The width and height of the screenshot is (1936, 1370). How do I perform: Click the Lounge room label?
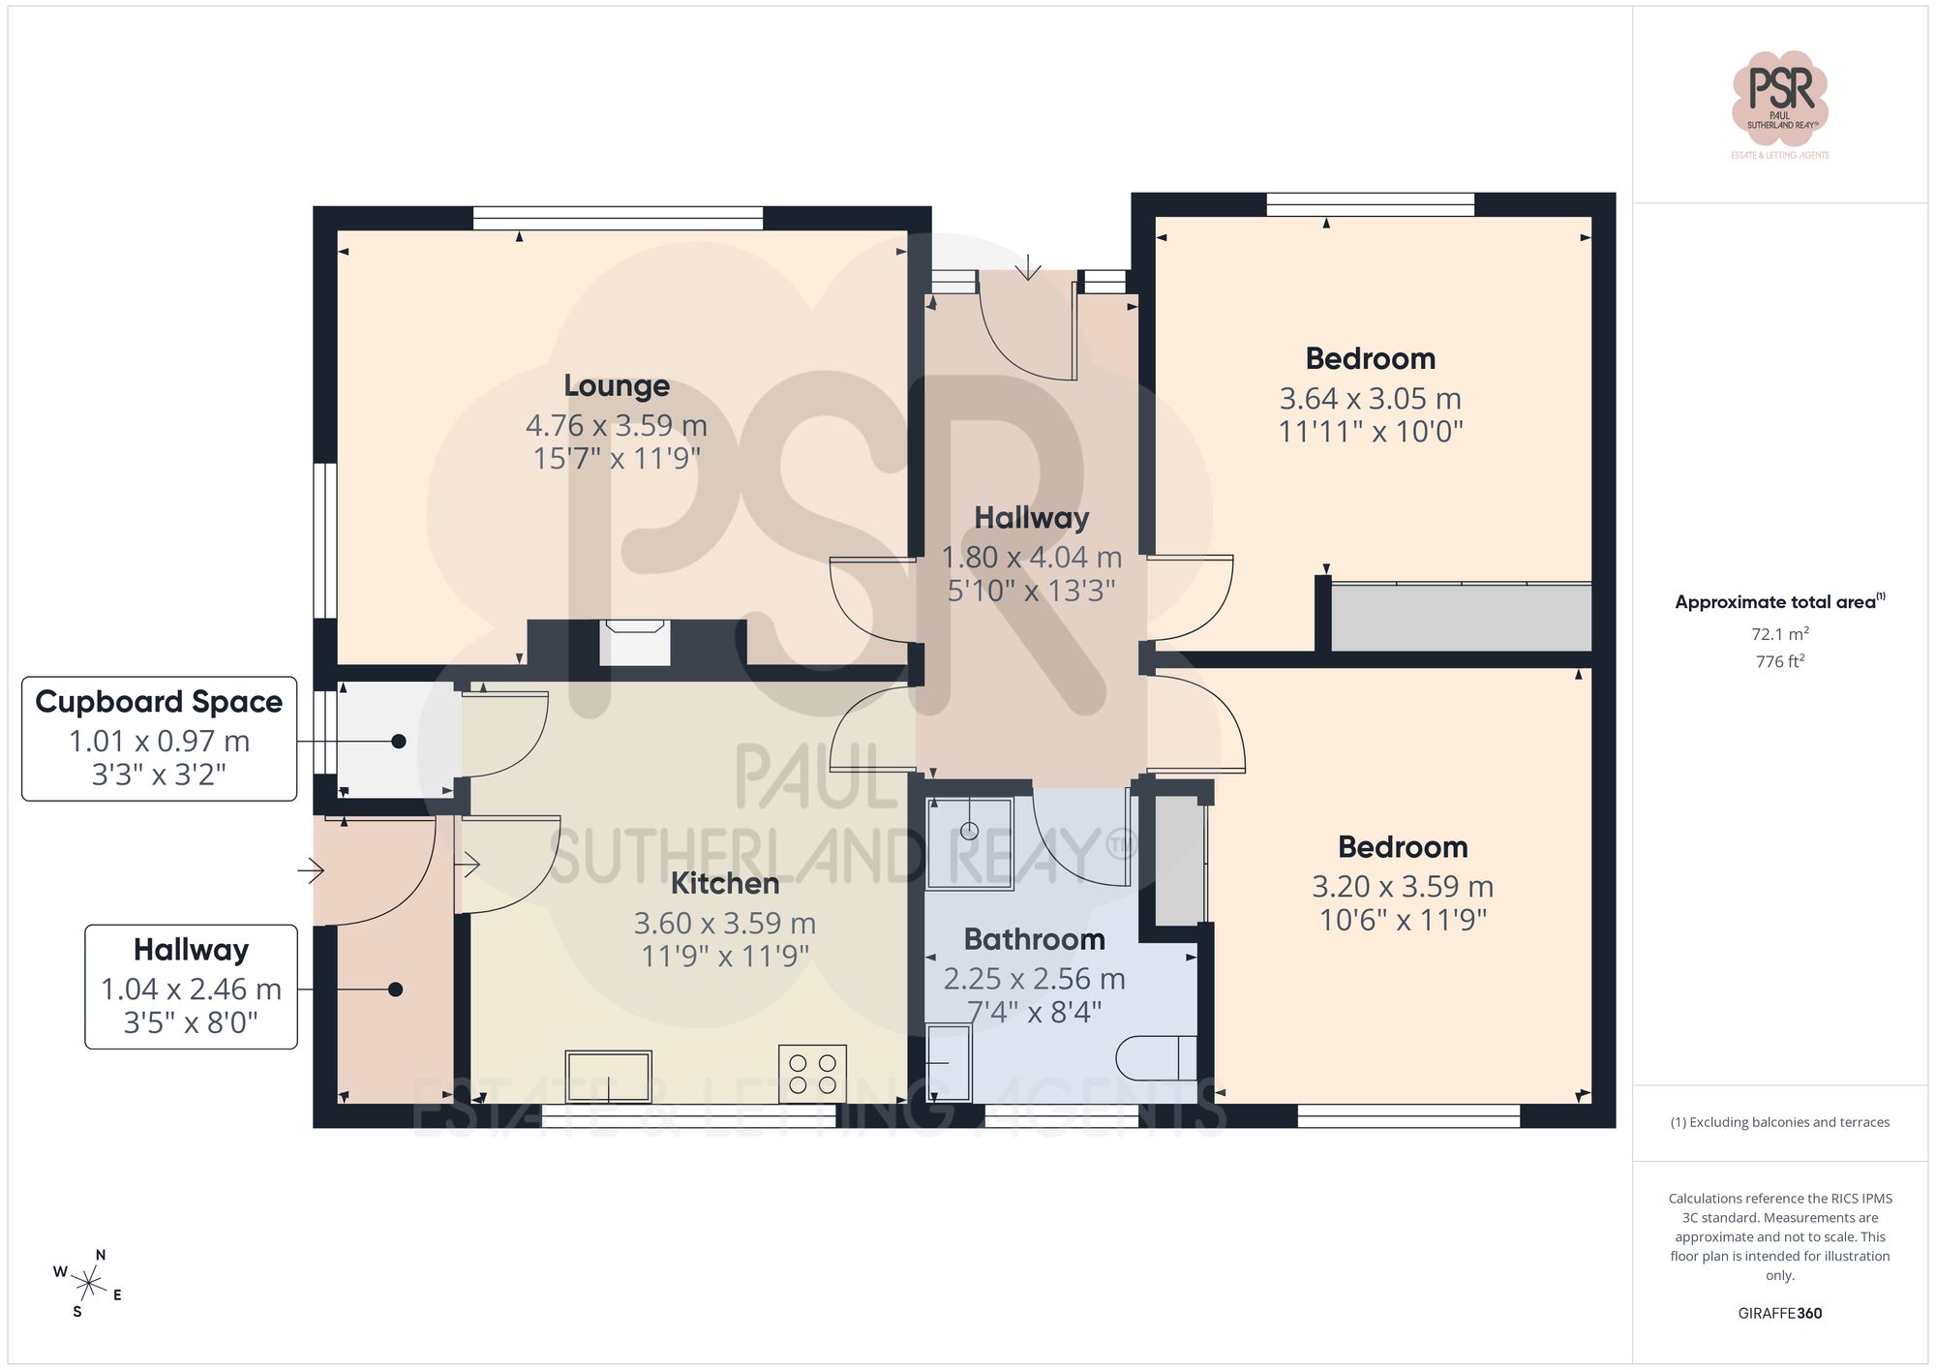pyautogui.click(x=617, y=385)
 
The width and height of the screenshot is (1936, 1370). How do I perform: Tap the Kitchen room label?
pyautogui.click(x=725, y=883)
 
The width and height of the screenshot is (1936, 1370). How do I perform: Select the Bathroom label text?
pyautogui.click(x=1034, y=939)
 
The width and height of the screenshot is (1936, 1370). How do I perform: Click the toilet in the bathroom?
pyautogui.click(x=1156, y=1058)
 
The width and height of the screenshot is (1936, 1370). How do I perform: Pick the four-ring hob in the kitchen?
pyautogui.click(x=813, y=1074)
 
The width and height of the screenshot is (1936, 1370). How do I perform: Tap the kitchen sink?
pyautogui.click(x=609, y=1076)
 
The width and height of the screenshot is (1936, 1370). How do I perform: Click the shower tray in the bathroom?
pyautogui.click(x=969, y=842)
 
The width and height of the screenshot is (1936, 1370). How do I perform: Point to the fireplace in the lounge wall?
pyautogui.click(x=635, y=643)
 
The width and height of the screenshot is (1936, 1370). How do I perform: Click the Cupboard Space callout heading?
pyautogui.click(x=159, y=702)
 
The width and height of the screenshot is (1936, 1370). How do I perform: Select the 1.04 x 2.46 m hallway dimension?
pyautogui.click(x=191, y=989)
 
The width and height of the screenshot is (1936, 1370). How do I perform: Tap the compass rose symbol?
pyautogui.click(x=89, y=1285)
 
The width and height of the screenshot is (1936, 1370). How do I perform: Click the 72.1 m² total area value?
pyautogui.click(x=1779, y=634)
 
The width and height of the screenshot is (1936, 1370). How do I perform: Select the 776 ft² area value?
pyautogui.click(x=1779, y=661)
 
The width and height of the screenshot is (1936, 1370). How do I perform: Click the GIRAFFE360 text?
pyautogui.click(x=1779, y=1313)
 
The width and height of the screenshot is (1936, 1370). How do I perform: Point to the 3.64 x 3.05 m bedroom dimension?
pyautogui.click(x=1370, y=398)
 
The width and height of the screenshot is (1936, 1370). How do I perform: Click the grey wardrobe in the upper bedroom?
pyautogui.click(x=1461, y=617)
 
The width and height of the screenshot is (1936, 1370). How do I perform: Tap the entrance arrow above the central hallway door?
pyautogui.click(x=1027, y=266)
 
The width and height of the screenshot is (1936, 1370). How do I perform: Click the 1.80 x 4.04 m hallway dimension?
pyautogui.click(x=1031, y=558)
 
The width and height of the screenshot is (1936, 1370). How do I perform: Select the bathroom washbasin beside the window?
pyautogui.click(x=949, y=1063)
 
